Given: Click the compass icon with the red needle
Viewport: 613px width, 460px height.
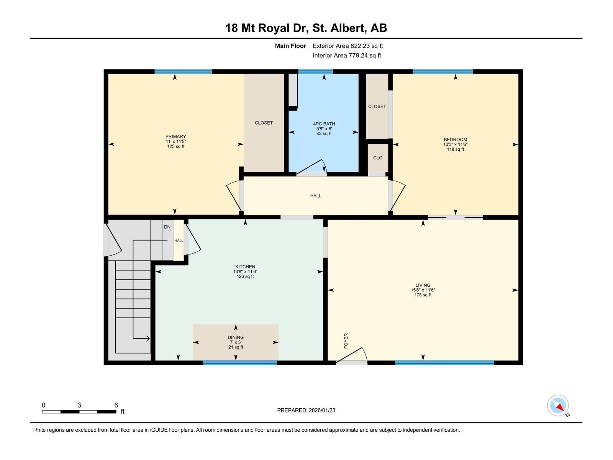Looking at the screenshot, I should coord(558,406).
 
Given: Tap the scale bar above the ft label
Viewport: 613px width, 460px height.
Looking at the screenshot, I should coord(79,412).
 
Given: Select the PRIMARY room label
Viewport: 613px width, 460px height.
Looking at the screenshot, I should coord(175,136).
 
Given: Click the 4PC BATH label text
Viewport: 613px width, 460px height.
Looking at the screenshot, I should coord(324,124).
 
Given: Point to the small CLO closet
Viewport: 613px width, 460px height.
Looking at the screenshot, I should coord(378,158).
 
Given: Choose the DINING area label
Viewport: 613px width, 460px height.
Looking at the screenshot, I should coord(236,337).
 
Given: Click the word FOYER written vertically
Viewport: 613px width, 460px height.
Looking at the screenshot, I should coord(346,340).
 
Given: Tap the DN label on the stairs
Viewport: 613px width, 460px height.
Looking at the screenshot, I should coord(167,227).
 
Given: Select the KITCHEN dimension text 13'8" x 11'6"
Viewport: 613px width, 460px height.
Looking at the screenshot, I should coord(245,271).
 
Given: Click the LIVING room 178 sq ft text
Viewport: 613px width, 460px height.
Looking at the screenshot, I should coord(423,295).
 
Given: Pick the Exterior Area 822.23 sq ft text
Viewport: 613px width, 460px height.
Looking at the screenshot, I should coord(347,46).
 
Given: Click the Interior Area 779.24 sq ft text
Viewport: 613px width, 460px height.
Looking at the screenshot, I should coord(347,56).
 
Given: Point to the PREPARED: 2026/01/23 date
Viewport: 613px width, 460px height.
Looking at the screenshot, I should coord(306,410).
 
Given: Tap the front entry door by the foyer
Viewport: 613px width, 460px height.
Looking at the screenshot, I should coord(352,356).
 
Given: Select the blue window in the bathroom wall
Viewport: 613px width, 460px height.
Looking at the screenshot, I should coord(315,72).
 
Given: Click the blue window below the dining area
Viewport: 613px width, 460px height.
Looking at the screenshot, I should coord(240,363).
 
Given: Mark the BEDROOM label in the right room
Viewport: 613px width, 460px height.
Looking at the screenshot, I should coord(455,140).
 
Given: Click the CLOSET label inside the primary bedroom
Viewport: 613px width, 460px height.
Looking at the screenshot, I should coord(264,123).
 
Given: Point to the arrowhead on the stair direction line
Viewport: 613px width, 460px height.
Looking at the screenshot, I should coord(148,338).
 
